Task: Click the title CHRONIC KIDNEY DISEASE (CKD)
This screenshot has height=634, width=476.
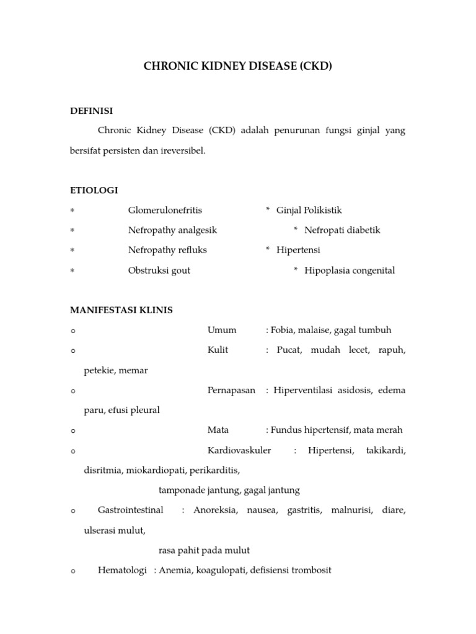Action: click(238, 67)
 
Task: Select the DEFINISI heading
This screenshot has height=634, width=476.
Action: click(91, 111)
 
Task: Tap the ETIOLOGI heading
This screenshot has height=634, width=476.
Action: click(94, 190)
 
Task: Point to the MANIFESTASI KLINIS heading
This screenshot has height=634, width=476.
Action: click(121, 310)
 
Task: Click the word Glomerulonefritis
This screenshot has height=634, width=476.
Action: click(165, 211)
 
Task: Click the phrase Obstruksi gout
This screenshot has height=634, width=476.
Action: click(159, 271)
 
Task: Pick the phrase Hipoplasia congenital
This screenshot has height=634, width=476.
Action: click(350, 271)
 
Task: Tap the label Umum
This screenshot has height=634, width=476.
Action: click(222, 330)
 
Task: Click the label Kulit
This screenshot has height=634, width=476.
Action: click(218, 350)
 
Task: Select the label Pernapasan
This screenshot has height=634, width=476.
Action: click(231, 390)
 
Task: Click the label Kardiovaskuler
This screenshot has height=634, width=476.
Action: click(239, 450)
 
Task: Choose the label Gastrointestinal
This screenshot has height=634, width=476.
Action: click(131, 510)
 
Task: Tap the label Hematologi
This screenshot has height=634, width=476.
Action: click(122, 570)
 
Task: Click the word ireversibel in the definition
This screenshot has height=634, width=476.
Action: click(182, 150)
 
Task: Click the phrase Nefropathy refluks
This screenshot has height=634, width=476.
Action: click(167, 250)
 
